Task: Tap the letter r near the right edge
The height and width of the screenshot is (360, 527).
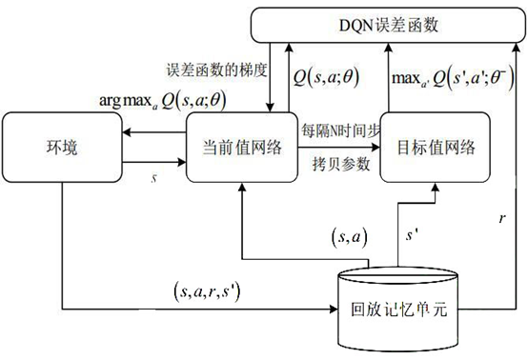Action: (x=502, y=218)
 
